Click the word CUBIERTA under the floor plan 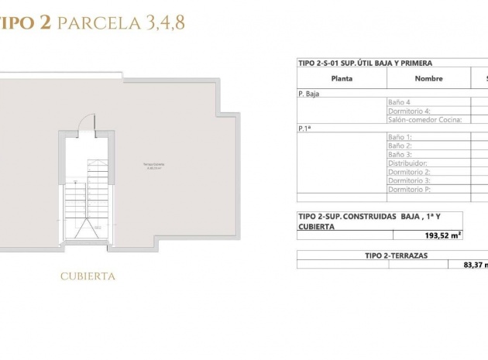[88, 276]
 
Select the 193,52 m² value [444, 235]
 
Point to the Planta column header [342, 78]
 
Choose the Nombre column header [428, 78]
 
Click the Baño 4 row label [399, 102]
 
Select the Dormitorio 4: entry [409, 111]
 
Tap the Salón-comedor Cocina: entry [424, 120]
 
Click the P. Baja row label [309, 93]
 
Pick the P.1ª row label [304, 129]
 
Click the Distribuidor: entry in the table [408, 163]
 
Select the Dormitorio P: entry [409, 190]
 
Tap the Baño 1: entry [400, 137]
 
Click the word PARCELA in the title [98, 23]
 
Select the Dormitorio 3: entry [409, 180]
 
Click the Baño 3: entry [400, 155]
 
